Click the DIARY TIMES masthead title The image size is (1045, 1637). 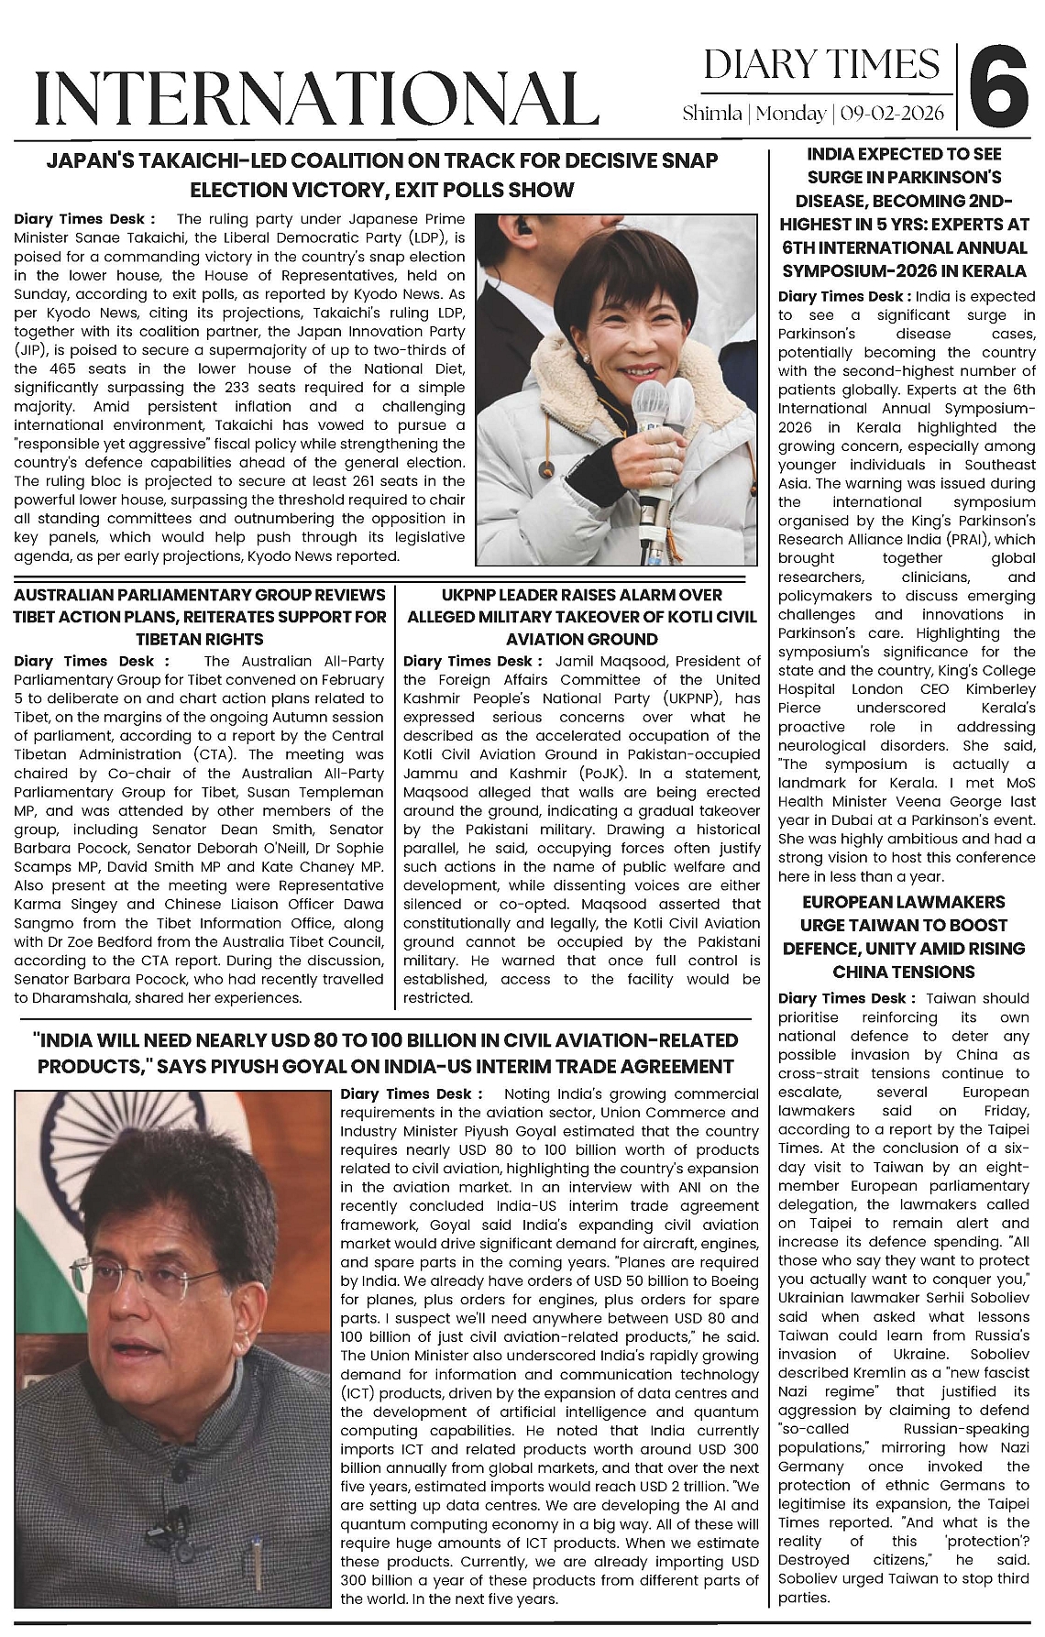[x=821, y=65]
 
